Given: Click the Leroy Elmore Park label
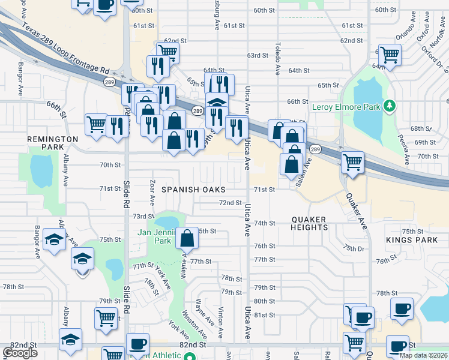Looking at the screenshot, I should (x=346, y=107).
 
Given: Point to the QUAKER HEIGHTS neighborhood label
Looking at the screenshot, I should (x=310, y=223).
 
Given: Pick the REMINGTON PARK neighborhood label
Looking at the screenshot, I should (x=53, y=143).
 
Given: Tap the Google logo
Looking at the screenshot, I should (x=20, y=352).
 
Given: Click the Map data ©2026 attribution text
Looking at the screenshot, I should (x=423, y=355).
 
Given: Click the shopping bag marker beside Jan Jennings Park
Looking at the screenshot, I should (x=187, y=238).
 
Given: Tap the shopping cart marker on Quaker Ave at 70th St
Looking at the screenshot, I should (x=352, y=161).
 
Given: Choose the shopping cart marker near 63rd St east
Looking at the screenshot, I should (x=390, y=55).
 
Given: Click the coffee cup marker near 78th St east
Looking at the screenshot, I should (x=401, y=309).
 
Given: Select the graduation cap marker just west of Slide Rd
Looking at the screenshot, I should (x=82, y=259).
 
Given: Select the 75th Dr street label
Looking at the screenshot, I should (x=354, y=248).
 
